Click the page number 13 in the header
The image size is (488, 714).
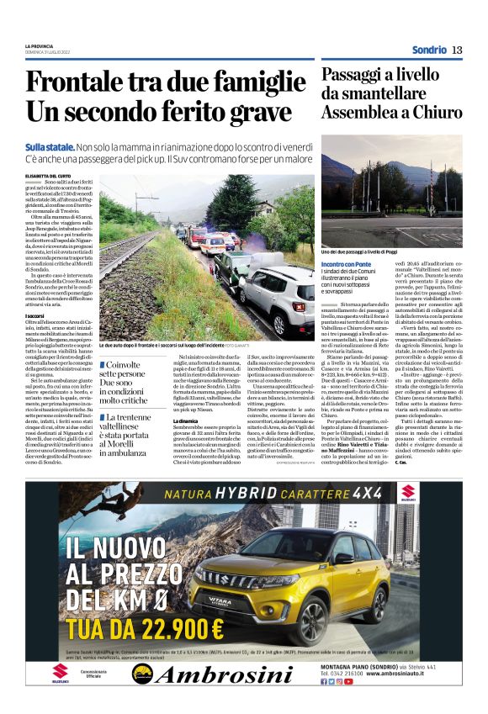tap(456, 50)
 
